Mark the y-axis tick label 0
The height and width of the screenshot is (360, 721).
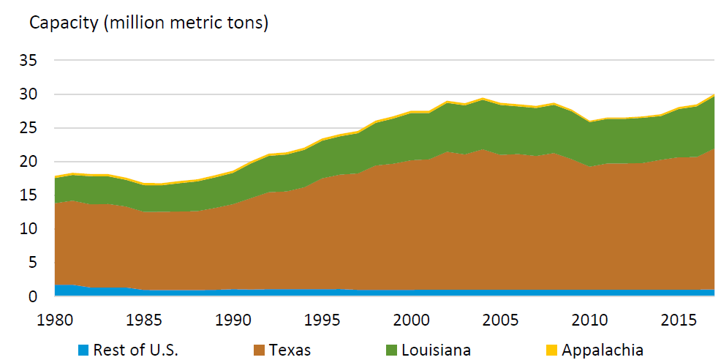click(x=33, y=296)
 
